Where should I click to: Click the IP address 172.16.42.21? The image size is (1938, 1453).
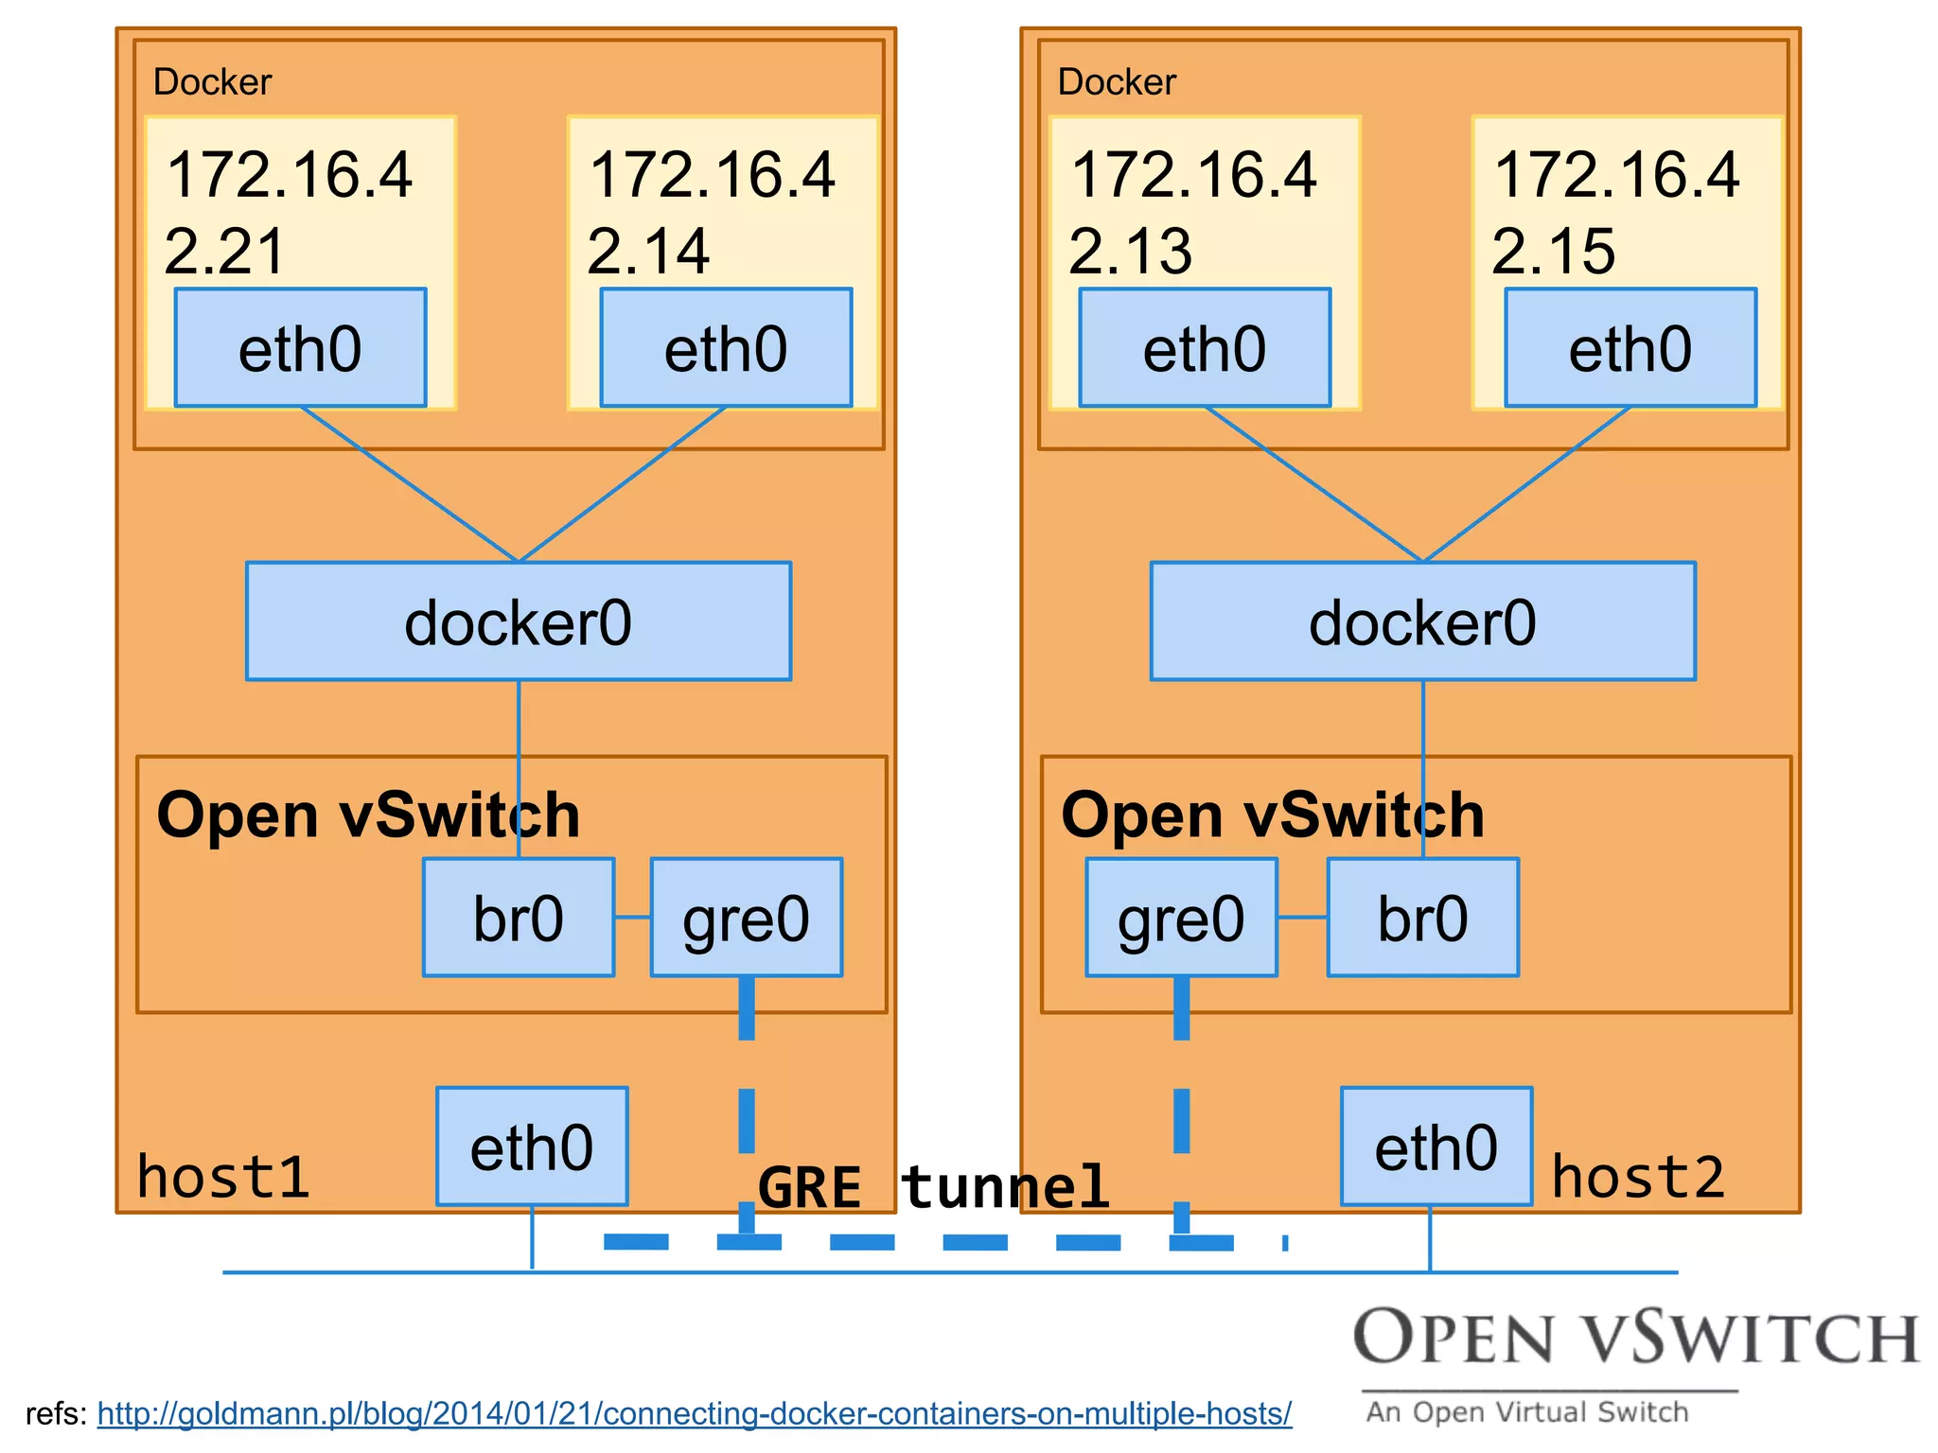[289, 213]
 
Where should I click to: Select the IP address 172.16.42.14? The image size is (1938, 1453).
[712, 213]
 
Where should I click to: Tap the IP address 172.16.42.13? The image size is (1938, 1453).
[1193, 213]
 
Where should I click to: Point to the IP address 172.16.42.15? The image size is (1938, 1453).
[1616, 213]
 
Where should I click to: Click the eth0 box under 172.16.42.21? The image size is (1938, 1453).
[300, 348]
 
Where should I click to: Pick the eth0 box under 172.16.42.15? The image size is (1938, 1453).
[1630, 348]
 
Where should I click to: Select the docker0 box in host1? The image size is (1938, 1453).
[519, 621]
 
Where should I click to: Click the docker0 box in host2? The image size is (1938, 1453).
[1423, 621]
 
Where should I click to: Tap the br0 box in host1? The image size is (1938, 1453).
[519, 918]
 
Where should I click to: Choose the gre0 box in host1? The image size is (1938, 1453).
[747, 918]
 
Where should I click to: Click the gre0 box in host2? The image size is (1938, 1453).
[1181, 918]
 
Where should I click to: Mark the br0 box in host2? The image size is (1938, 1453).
[1423, 918]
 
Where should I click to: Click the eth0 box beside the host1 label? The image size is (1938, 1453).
[532, 1147]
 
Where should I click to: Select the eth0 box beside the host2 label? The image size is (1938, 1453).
[1436, 1147]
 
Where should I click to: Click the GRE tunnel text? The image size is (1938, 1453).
[933, 1187]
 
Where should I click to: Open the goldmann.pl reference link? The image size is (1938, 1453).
[695, 1413]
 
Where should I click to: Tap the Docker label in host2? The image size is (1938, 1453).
[1117, 82]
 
